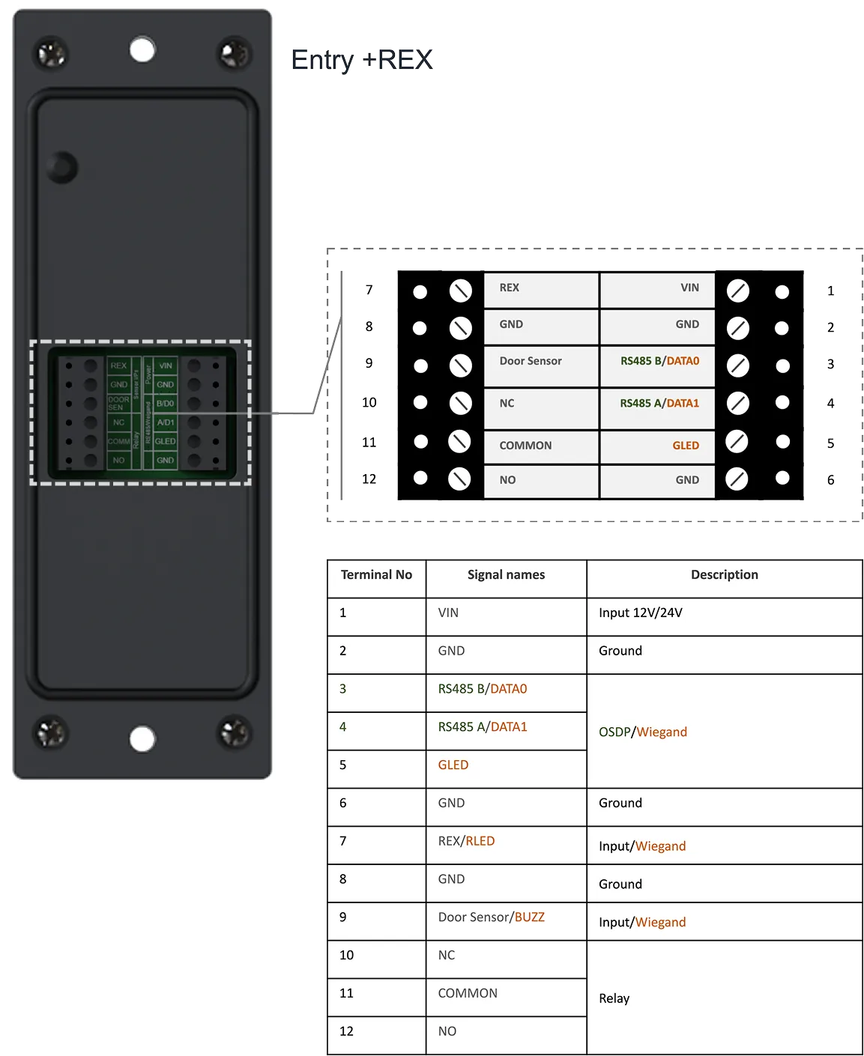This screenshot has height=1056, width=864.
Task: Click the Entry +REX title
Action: pyautogui.click(x=362, y=60)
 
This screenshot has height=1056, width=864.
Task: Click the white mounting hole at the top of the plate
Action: pyautogui.click(x=142, y=50)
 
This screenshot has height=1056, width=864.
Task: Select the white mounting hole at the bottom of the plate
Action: pyautogui.click(x=142, y=738)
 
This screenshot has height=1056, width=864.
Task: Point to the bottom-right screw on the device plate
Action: pyautogui.click(x=234, y=732)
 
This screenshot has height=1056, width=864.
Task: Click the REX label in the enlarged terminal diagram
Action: pyautogui.click(x=510, y=288)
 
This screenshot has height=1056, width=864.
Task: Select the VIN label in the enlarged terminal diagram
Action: pyautogui.click(x=689, y=288)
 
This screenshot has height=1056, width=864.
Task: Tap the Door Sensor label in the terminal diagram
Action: pyautogui.click(x=531, y=361)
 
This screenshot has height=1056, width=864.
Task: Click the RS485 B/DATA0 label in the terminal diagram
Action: pyautogui.click(x=659, y=361)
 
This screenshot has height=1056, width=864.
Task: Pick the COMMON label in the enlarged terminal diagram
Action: pyautogui.click(x=525, y=446)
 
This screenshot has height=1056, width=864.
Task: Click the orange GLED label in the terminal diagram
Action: pyautogui.click(x=685, y=446)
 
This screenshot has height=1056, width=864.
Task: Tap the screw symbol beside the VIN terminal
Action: pyautogui.click(x=737, y=291)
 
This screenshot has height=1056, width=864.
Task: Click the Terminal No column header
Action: pyautogui.click(x=376, y=575)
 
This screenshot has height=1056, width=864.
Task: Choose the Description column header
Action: pyautogui.click(x=724, y=575)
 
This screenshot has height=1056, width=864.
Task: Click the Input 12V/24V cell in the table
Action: pyautogui.click(x=641, y=613)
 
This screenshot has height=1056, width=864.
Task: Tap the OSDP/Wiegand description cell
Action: pyautogui.click(x=643, y=732)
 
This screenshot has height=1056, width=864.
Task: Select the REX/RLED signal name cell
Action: pyautogui.click(x=466, y=841)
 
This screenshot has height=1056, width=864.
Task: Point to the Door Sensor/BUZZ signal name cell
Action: pyautogui.click(x=491, y=917)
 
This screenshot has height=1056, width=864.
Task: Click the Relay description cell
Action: pyautogui.click(x=614, y=998)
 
